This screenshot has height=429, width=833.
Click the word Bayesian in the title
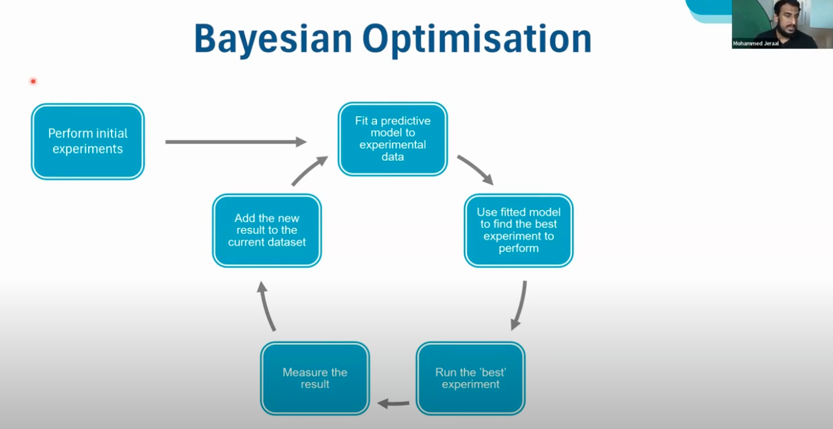pos(273,39)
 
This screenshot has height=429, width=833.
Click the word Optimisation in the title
pos(477,39)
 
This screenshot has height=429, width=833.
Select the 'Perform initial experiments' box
pos(88,141)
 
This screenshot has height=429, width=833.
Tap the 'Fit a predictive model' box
pos(393,139)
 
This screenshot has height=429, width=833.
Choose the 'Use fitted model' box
pos(519,230)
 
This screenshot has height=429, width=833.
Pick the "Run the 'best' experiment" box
pos(471,378)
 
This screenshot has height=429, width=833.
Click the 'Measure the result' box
pos(315,378)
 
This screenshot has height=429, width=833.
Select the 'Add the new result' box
pos(267,230)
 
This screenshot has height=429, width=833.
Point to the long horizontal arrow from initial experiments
pos(236,141)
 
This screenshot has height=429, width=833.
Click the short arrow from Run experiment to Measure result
pos(393,403)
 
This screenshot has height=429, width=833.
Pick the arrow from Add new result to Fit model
pos(309,170)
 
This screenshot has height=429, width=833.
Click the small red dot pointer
pos(33,81)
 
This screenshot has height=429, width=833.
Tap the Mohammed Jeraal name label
pos(755,44)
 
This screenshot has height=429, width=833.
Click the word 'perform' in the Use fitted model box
pos(519,248)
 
